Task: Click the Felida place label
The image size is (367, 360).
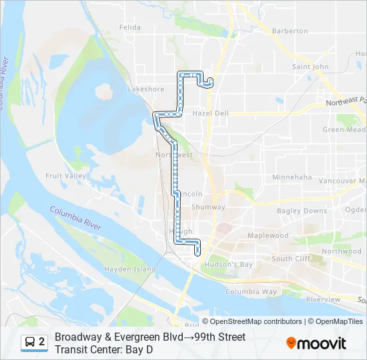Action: click(130, 27)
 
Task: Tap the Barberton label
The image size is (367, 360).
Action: click(290, 31)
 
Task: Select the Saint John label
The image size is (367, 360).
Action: click(310, 67)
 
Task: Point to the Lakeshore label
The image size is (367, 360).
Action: click(145, 89)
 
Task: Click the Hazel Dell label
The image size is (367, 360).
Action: click(210, 113)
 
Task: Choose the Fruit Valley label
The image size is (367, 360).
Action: click(65, 176)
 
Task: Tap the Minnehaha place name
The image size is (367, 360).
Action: click(292, 177)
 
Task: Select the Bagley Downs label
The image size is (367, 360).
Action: click(302, 211)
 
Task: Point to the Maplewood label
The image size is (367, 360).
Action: click(268, 235)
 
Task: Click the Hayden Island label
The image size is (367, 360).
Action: click(129, 269)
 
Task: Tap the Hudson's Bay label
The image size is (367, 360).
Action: click(228, 265)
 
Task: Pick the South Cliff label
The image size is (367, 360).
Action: click(291, 259)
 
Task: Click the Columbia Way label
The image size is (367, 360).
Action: click(251, 292)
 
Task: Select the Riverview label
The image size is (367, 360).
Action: click(323, 300)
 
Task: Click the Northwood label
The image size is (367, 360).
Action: click(341, 251)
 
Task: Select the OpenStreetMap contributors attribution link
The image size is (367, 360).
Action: click(256, 321)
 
